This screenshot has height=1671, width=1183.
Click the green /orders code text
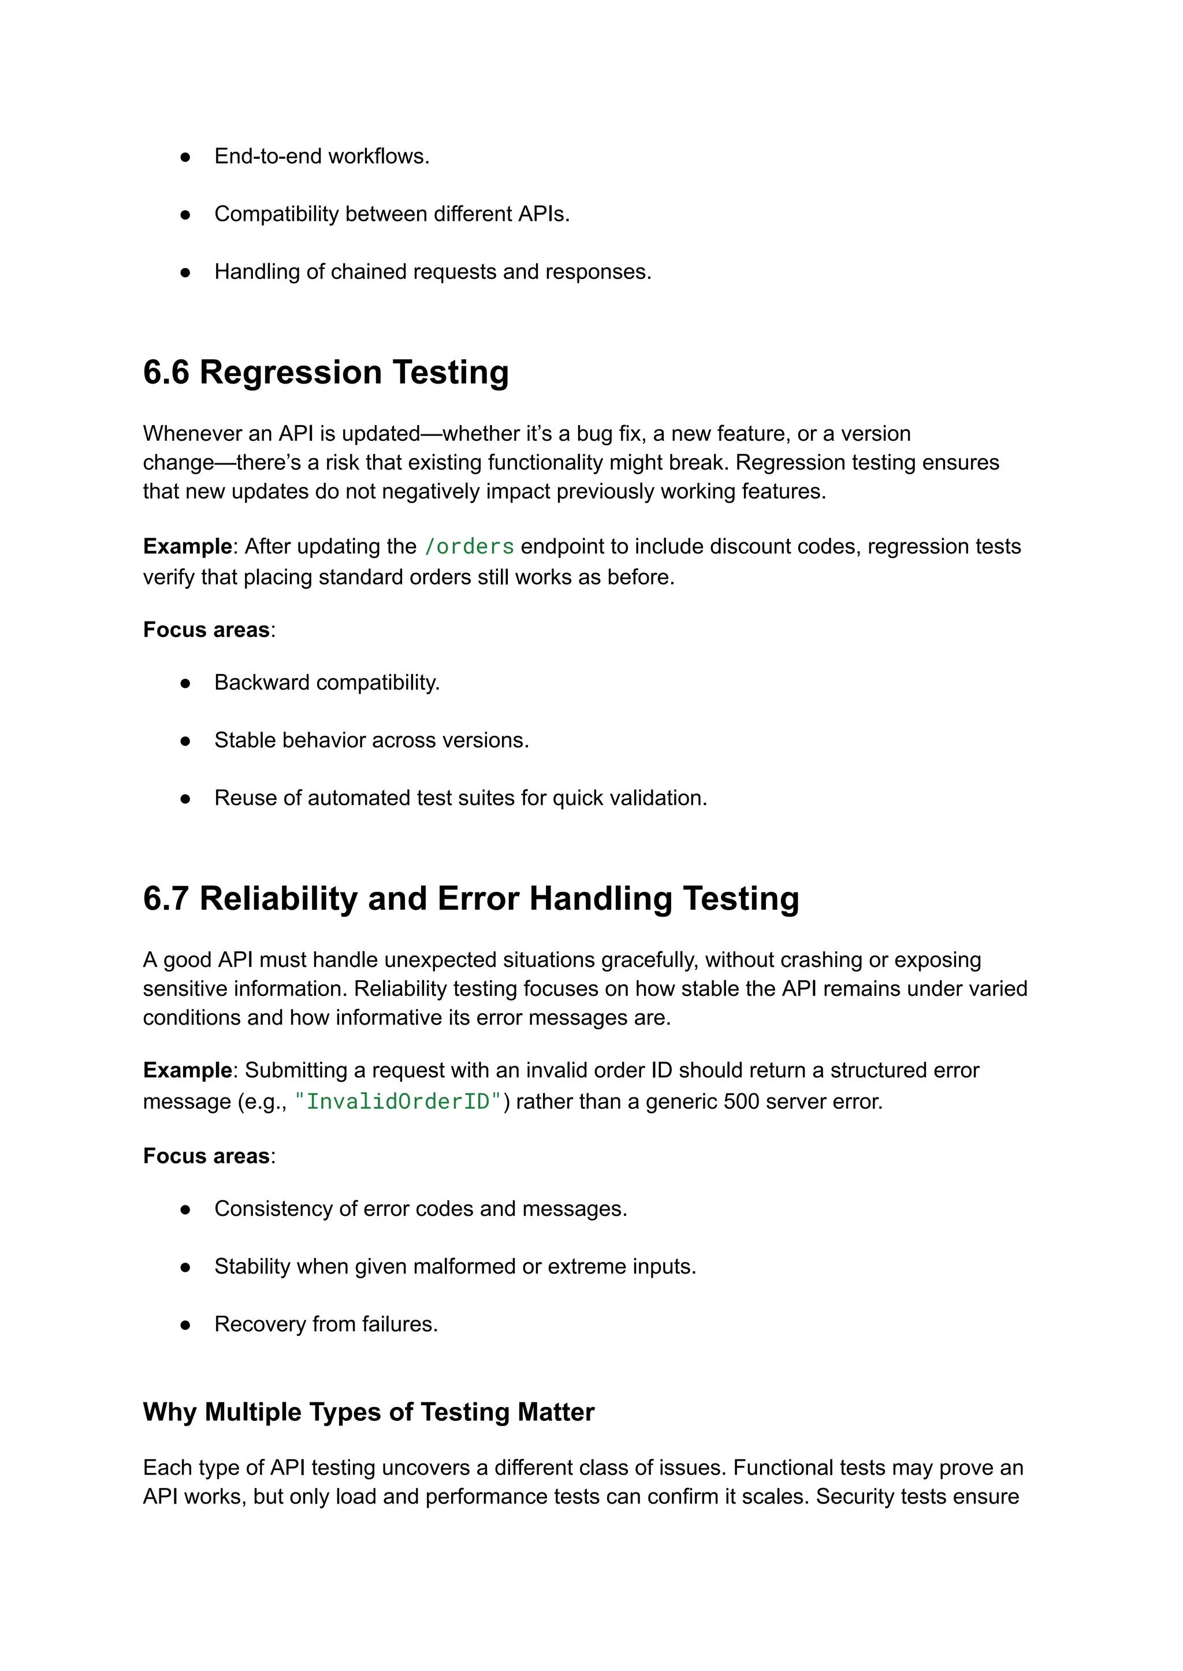[469, 546]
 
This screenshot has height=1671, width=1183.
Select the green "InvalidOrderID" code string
[399, 1101]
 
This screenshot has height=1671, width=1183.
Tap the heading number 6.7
[166, 898]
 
